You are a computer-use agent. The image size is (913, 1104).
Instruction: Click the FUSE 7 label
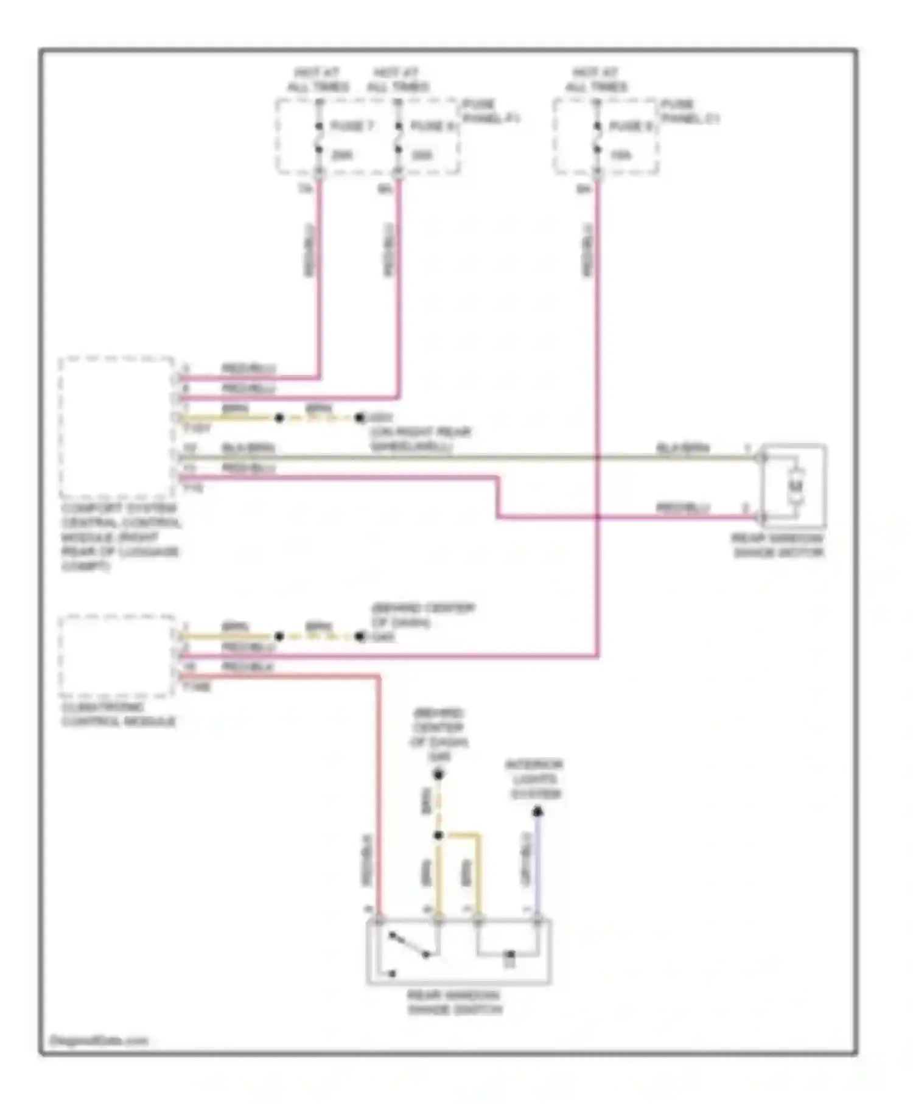[x=352, y=126]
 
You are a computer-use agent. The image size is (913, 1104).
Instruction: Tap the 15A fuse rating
[x=620, y=155]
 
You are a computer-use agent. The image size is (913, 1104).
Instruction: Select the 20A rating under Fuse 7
[x=342, y=155]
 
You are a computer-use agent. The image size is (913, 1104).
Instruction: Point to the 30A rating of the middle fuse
[x=421, y=155]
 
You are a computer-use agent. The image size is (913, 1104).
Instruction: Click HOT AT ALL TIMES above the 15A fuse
[x=596, y=80]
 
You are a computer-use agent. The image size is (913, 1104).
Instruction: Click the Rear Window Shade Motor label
[x=778, y=545]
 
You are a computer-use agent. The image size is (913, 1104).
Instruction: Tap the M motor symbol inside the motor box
[x=796, y=486]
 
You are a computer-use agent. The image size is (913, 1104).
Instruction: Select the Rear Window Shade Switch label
[x=454, y=1002]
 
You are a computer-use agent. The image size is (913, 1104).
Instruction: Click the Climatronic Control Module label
[x=119, y=714]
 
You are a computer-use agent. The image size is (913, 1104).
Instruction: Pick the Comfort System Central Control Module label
[x=121, y=537]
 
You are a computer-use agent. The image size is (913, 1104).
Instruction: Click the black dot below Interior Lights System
[x=537, y=811]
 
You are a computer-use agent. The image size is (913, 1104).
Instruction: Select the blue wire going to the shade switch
[x=537, y=864]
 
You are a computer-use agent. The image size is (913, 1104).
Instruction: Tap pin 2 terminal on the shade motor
[x=761, y=517]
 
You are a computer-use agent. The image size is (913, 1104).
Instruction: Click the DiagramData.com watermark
[x=99, y=1040]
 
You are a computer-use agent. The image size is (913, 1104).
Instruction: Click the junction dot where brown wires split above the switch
[x=438, y=835]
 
